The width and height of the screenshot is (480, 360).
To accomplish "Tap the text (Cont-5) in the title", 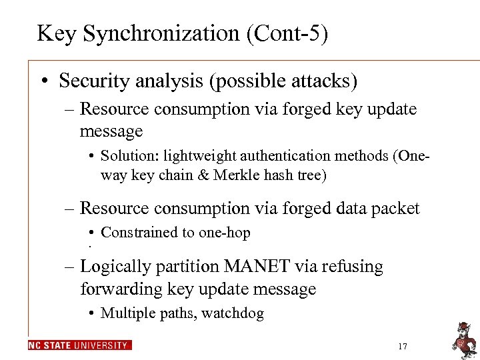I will coord(288,33).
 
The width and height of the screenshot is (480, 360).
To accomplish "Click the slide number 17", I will coord(402,346).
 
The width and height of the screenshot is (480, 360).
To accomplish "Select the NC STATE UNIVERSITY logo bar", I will coord(80,345).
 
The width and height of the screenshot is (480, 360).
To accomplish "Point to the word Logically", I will coord(114,267).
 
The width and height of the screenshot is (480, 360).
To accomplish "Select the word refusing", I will coord(353,266).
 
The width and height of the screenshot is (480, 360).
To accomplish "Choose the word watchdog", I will coord(235,313).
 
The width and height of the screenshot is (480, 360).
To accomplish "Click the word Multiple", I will coord(126,313).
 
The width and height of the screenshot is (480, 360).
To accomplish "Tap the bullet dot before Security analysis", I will coord(43,82).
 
